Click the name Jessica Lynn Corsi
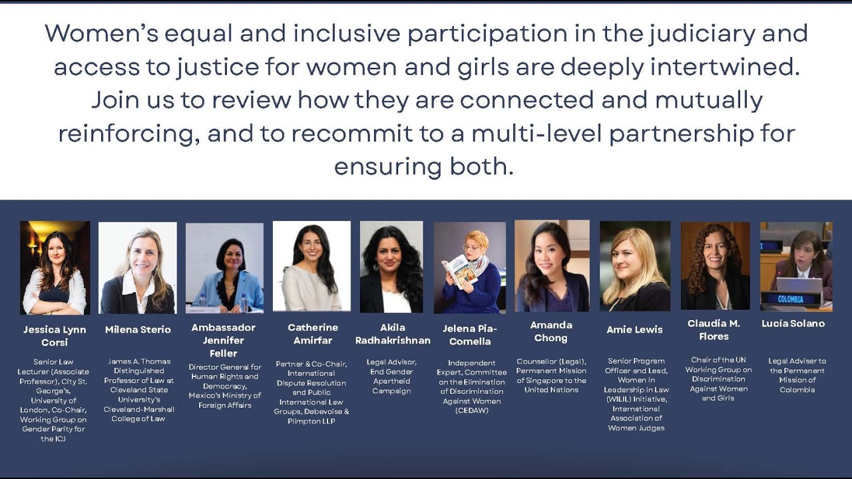point(55,336)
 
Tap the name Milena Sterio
point(138,329)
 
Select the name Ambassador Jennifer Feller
point(223,340)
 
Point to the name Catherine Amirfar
point(312,333)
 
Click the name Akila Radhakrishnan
point(392,334)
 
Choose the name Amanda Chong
point(550,331)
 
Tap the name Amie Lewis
point(634,329)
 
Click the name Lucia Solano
point(793,323)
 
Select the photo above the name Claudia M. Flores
point(715,265)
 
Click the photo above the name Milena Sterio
point(138,267)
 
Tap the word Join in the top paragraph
point(118,100)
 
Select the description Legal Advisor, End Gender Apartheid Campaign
point(392,376)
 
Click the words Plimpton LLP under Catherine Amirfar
point(312,421)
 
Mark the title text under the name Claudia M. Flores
point(718,379)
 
